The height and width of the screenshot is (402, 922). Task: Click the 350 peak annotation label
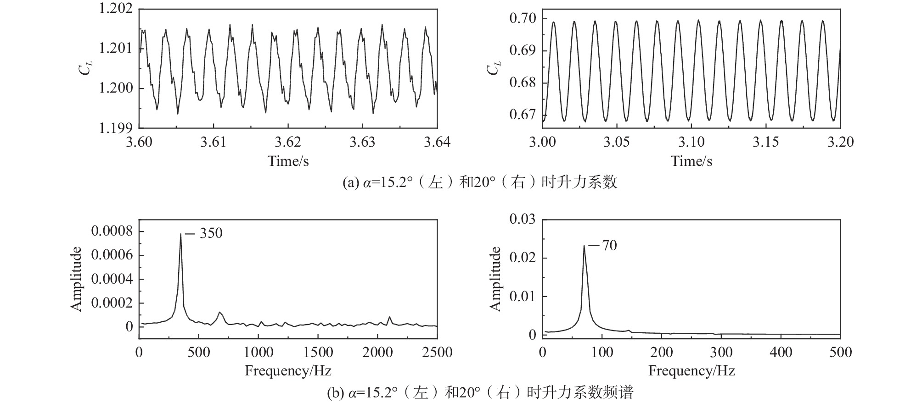point(211,233)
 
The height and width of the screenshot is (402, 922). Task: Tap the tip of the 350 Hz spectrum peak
point(180,234)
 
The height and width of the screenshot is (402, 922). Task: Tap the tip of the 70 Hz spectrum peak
point(584,246)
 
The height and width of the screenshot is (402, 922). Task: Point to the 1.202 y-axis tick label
point(116,9)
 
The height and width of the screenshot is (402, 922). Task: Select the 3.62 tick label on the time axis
point(288,142)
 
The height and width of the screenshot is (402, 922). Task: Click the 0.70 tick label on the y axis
point(523,18)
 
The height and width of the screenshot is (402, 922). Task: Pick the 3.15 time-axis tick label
point(766,142)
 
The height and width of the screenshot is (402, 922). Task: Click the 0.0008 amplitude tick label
point(112,231)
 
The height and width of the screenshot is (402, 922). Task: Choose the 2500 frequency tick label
point(437,352)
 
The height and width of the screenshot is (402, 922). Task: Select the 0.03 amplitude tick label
point(523,219)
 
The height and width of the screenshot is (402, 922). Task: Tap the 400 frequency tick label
point(781,352)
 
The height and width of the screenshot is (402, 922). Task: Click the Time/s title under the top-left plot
point(288,161)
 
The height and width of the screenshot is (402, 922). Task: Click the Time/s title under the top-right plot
point(691,161)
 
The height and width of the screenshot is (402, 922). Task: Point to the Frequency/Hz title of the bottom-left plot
point(288,370)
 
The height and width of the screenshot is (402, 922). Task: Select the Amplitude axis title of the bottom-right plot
point(496,279)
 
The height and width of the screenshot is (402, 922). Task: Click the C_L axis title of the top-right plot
point(494,69)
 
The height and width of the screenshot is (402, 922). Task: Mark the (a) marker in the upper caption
point(349,182)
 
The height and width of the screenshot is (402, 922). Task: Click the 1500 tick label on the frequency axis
point(318,352)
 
